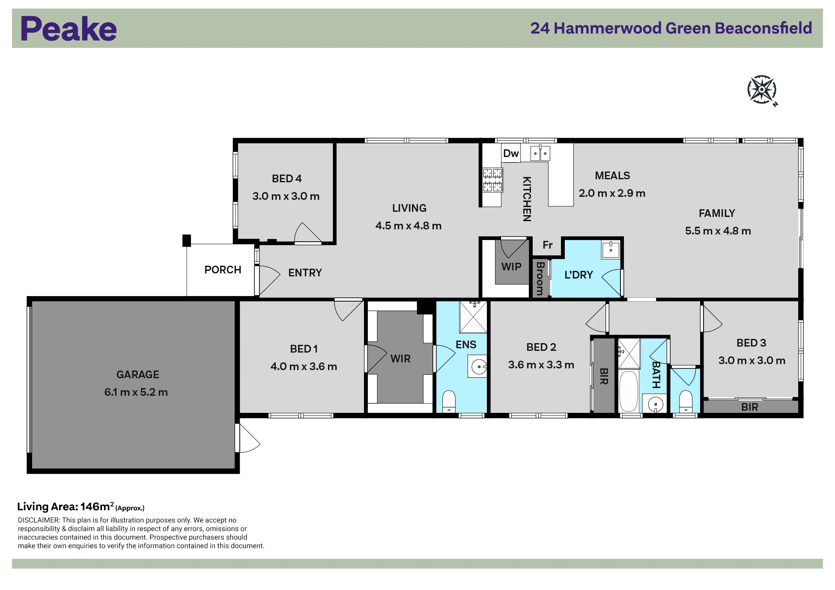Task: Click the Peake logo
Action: pos(69,29)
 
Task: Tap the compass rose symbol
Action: pos(762,90)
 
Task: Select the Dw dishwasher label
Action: pos(511,153)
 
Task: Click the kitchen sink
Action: pos(540,153)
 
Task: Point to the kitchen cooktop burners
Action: pos(492,180)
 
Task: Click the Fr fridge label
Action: pos(548,245)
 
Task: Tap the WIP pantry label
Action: pos(511,267)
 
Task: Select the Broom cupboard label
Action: pos(540,279)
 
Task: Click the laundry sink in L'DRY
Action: pos(611,249)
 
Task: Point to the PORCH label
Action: pos(223,270)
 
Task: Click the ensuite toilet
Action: pos(449,401)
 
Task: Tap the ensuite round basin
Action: pos(478,366)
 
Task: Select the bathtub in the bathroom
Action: pos(629,392)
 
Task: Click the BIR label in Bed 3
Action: pos(750,407)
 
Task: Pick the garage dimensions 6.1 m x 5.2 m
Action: pos(136,392)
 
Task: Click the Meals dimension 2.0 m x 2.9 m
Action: pos(612,193)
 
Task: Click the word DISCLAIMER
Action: pos(39,520)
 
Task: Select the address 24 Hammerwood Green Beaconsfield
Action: pos(671,28)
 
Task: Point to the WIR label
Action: pos(400,359)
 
